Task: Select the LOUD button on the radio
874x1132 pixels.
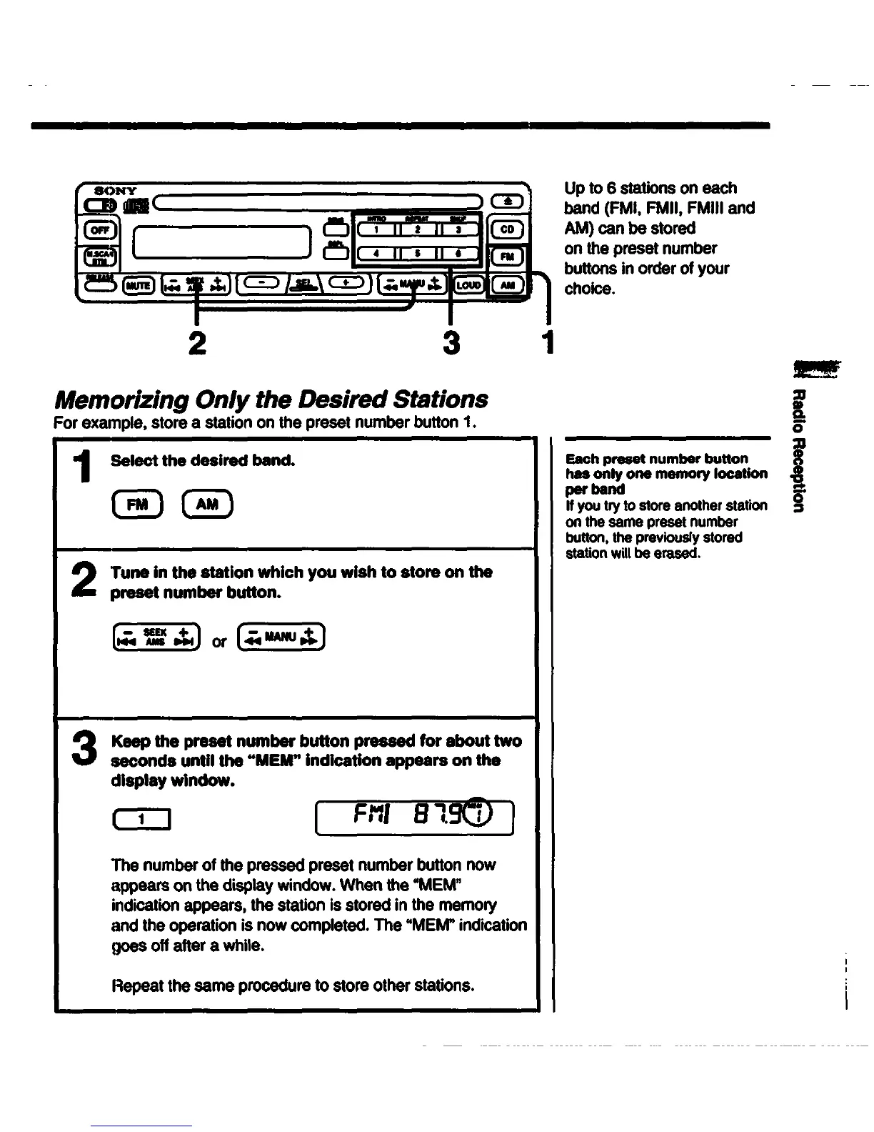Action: tap(469, 285)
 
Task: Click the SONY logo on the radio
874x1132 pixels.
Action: tap(116, 190)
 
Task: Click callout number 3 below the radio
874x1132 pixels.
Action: tap(451, 344)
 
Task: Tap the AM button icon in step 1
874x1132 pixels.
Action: tap(207, 505)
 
